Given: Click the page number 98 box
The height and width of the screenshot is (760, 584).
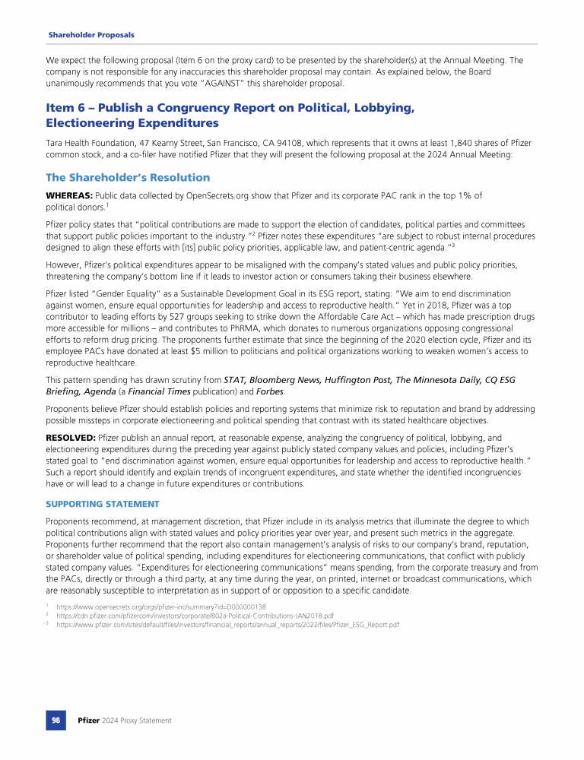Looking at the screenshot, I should click(56, 720).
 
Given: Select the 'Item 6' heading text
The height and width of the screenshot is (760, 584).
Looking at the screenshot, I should click(230, 115).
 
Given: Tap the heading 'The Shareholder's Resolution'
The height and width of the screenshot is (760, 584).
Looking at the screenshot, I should click(128, 177).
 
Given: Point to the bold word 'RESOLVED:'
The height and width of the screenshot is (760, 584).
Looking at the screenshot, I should click(71, 439).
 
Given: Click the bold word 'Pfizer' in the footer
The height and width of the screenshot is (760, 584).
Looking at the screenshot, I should click(89, 720).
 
